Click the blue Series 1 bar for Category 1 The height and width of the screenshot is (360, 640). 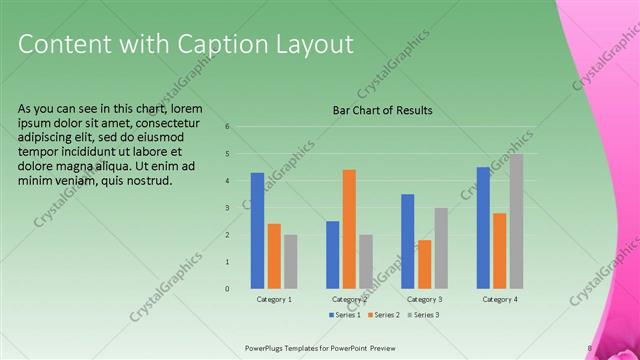click(x=258, y=231)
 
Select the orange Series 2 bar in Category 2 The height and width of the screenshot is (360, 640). click(x=349, y=229)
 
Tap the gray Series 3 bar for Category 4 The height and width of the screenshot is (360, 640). click(x=516, y=221)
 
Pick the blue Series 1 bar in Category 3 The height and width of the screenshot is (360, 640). click(x=408, y=241)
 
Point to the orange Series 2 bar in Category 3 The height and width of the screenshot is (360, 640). click(x=424, y=264)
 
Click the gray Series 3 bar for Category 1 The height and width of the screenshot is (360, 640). click(x=290, y=262)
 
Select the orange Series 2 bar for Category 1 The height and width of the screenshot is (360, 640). click(x=274, y=256)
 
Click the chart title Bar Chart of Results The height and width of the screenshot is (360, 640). click(x=382, y=110)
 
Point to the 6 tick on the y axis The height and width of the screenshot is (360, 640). click(x=228, y=127)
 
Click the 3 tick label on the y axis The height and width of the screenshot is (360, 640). click(x=228, y=208)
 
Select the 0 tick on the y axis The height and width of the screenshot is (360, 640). click(x=228, y=289)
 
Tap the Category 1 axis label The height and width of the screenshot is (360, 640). click(x=274, y=300)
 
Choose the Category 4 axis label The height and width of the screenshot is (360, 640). click(x=499, y=300)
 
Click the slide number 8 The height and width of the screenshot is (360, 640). click(x=589, y=347)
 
